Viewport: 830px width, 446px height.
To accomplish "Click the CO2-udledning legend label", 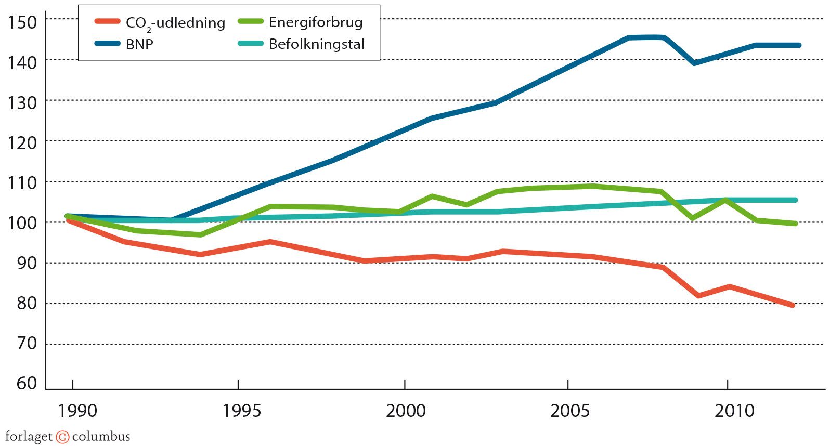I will tap(175, 23).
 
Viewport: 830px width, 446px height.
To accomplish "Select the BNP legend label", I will tap(139, 45).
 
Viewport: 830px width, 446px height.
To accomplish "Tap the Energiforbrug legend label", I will tap(316, 22).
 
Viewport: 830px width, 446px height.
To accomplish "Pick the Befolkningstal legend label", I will tap(316, 44).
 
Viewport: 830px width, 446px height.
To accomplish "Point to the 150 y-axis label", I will tap(22, 22).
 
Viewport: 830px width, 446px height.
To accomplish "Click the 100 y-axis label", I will tap(22, 222).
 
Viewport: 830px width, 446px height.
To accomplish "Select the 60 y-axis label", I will tap(27, 383).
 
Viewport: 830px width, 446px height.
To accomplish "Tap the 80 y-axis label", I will tap(27, 303).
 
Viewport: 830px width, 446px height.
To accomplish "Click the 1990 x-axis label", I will tap(77, 411).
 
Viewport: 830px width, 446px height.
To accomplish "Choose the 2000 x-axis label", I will tap(405, 411).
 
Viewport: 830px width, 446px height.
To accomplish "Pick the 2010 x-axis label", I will tap(734, 411).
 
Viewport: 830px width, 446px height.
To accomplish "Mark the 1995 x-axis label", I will tap(241, 411).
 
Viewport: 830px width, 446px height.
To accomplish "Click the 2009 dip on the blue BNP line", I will tap(695, 63).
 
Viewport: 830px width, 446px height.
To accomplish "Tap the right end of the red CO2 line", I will tap(793, 305).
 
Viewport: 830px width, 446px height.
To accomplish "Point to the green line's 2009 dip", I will tap(693, 218).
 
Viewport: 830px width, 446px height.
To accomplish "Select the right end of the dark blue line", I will tap(799, 45).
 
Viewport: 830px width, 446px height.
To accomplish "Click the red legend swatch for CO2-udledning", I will tap(107, 22).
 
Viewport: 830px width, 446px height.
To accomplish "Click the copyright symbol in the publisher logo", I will tap(62, 437).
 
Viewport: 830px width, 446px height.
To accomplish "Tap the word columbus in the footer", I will tap(101, 437).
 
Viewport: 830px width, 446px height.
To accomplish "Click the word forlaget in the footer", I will tap(29, 437).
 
